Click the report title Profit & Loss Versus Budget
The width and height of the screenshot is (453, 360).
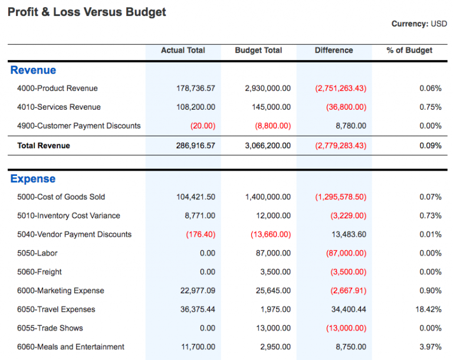[87, 12]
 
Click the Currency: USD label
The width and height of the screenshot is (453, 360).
[419, 24]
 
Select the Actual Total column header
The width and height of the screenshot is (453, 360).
[183, 51]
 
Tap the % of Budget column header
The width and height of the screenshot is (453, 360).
[409, 51]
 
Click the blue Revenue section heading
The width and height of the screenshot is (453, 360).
[33, 70]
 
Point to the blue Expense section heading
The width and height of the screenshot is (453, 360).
[33, 179]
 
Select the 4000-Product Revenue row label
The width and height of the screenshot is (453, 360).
[57, 89]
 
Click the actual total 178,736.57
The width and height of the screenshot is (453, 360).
[196, 89]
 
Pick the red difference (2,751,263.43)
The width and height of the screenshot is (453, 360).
[340, 89]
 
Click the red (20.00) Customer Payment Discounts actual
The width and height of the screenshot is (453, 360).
[203, 126]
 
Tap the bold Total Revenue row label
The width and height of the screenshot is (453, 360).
[44, 146]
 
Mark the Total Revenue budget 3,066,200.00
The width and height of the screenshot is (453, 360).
[268, 146]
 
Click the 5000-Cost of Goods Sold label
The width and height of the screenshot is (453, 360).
[61, 197]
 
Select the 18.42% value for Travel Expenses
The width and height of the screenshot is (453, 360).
[429, 309]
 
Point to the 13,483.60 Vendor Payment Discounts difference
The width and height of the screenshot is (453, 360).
[349, 234]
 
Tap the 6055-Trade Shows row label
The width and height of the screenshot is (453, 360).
[50, 328]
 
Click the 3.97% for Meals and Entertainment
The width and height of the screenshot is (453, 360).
[431, 347]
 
